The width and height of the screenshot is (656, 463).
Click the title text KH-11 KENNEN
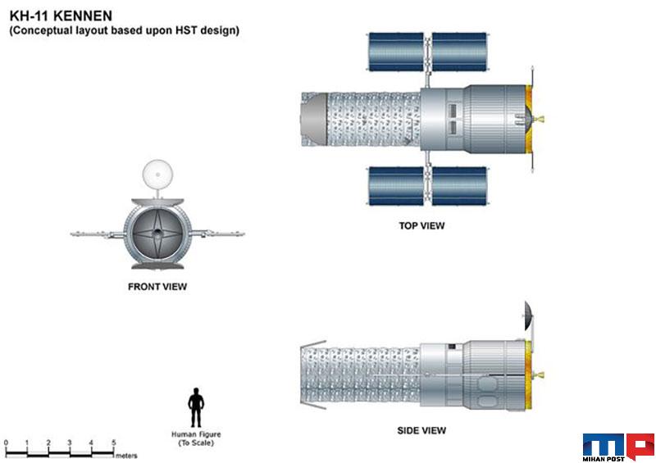[61, 16]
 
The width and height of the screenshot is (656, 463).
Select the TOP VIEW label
[421, 226]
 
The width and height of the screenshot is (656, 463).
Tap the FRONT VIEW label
[157, 287]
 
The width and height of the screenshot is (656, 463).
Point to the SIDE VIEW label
[421, 430]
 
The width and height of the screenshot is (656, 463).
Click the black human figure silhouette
[196, 407]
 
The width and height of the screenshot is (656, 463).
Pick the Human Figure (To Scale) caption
[196, 438]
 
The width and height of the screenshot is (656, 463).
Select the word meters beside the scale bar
[126, 456]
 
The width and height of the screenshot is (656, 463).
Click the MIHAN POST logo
[618, 447]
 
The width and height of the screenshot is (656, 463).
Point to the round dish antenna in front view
[157, 174]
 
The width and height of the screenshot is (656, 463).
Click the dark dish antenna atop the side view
[529, 314]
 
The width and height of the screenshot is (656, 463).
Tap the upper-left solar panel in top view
[396, 52]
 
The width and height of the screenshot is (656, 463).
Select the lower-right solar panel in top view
[459, 186]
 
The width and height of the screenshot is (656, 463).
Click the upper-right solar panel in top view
[459, 52]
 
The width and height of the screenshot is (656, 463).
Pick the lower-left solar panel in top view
[396, 186]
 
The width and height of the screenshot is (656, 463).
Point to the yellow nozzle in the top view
[539, 119]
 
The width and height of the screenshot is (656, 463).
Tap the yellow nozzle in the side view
[539, 374]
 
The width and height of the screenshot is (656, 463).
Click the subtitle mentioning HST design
[125, 30]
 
